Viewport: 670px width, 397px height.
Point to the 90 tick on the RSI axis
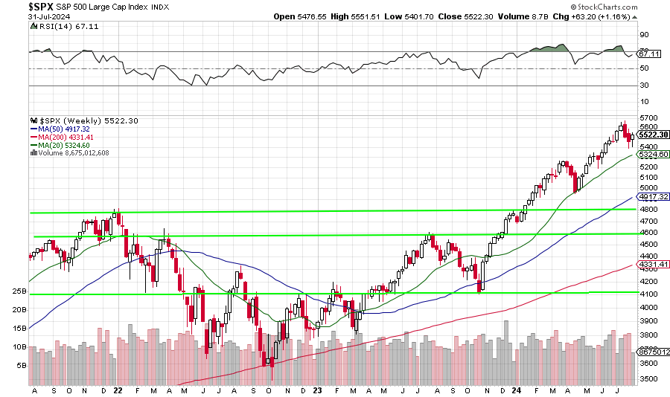pyautogui.click(x=644, y=34)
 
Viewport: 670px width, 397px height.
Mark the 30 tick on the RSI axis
pyautogui.click(x=644, y=85)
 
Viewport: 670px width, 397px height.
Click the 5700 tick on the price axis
pyautogui.click(x=648, y=118)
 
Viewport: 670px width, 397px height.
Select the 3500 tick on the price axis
pyautogui.click(x=648, y=378)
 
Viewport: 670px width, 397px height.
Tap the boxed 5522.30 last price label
pyautogui.click(x=653, y=135)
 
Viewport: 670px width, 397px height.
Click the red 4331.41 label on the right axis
pyautogui.click(x=653, y=264)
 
